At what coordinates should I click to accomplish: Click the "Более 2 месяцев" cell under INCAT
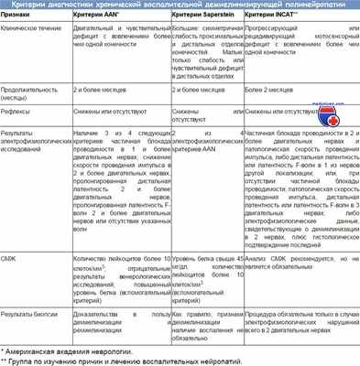pos(273,91)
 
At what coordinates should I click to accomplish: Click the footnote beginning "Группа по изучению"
pos(119,358)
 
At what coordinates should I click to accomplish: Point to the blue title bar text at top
pos(180,5)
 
